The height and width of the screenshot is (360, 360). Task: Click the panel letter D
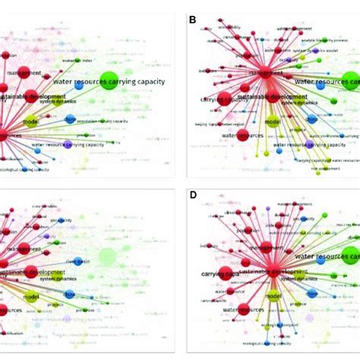coord(192,197)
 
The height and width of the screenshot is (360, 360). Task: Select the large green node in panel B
coord(351,81)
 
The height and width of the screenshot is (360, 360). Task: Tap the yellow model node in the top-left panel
coord(30,122)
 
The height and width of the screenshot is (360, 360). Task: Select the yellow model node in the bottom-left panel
coord(31,298)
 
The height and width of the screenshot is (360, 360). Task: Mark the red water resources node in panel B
coord(243,135)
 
